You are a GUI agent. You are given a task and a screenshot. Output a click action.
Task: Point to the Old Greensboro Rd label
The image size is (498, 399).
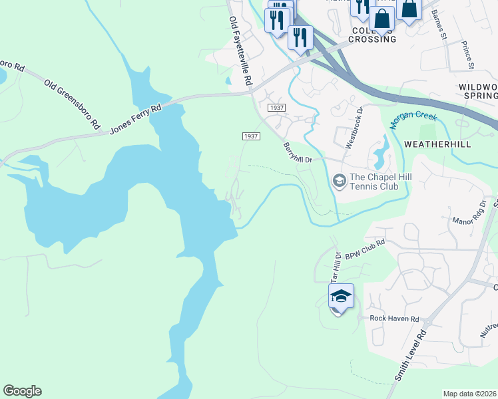(x=72, y=104)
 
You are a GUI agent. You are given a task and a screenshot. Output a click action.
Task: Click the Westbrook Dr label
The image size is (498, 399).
(x=352, y=127)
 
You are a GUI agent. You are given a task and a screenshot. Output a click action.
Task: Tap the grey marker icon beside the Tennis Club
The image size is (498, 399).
(x=339, y=181)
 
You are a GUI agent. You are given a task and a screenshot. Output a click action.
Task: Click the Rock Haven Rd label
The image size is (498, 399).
(x=394, y=319)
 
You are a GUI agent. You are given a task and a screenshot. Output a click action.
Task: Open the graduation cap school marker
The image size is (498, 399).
(x=340, y=297)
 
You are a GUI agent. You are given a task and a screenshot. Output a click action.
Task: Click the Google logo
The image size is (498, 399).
(x=22, y=391)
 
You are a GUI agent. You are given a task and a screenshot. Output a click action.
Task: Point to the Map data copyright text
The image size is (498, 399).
(x=469, y=394)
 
